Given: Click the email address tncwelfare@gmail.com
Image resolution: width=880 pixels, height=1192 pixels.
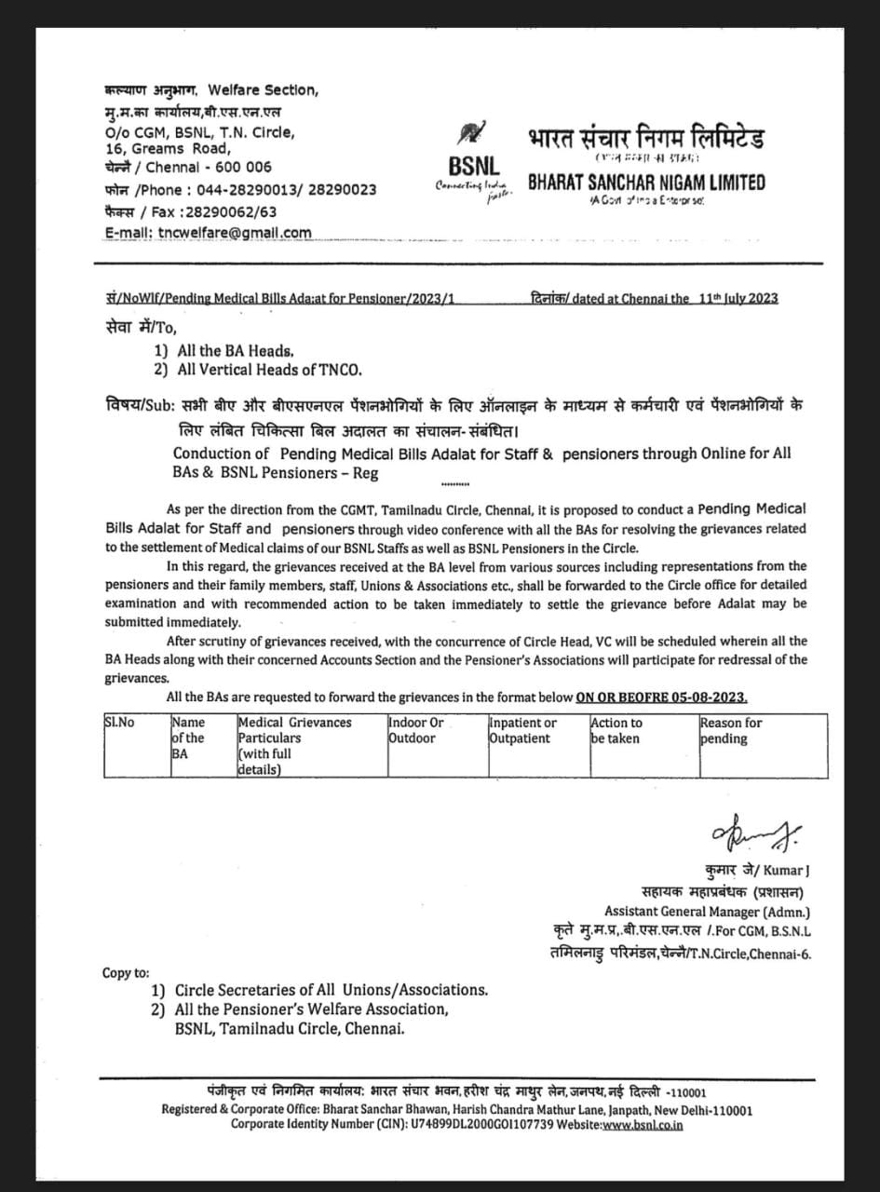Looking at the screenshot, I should (236, 233).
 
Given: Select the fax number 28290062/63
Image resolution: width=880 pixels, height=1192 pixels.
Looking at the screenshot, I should (225, 211).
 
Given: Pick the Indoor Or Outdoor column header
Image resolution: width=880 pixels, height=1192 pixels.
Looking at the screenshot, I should (416, 730).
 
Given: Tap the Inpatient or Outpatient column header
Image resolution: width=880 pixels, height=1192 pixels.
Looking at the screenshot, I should (523, 730).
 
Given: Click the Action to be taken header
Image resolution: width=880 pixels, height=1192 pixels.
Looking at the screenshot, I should (616, 730).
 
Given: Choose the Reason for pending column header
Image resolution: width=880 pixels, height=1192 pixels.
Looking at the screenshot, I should (731, 730).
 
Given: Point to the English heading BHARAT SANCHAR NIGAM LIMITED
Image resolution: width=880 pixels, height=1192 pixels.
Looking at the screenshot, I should (646, 183).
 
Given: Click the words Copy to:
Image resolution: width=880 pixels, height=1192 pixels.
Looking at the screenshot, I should (126, 972).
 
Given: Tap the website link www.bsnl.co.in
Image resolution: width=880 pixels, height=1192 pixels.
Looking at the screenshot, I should (643, 1125).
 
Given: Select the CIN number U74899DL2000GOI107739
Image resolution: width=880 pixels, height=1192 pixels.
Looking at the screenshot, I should (490, 1125).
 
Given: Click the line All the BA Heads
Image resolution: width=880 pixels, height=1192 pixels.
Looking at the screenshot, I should (229, 351).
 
